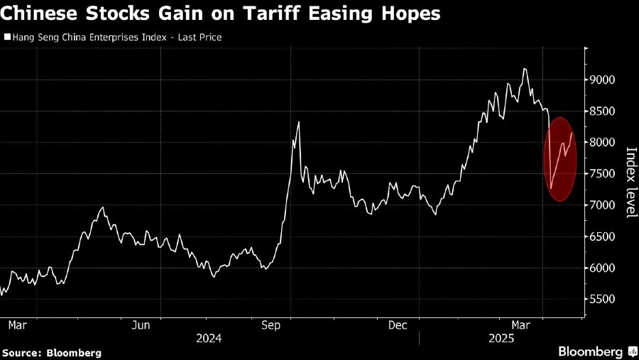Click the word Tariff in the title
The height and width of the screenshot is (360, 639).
point(266,13)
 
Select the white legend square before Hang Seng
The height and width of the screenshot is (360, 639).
point(7,37)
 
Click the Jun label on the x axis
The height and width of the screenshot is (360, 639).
point(141,326)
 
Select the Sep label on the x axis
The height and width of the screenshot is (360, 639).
point(271,326)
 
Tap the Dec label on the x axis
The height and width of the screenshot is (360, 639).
point(398,326)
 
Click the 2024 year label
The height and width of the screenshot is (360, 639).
point(209,339)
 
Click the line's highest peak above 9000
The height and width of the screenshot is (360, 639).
point(524,69)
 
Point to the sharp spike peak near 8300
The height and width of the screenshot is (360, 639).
point(299,123)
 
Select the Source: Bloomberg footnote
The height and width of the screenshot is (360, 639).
point(51,352)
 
